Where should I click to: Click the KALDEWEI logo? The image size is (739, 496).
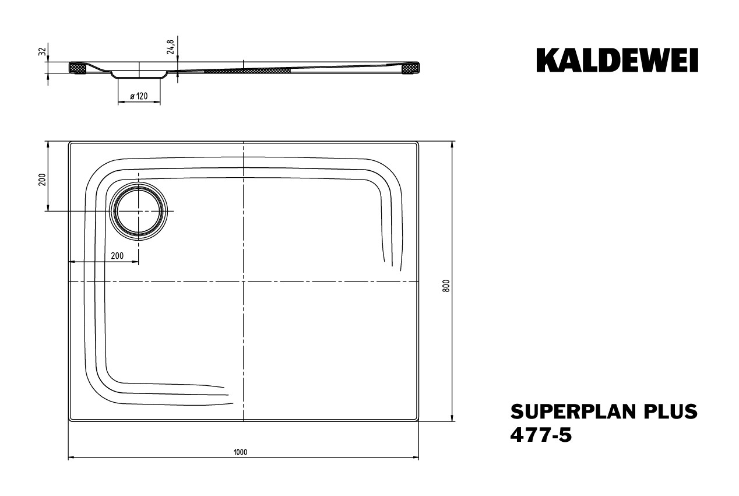[x=617, y=60]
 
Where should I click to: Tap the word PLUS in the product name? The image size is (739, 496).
[x=666, y=411]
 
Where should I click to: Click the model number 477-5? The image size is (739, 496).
[x=541, y=435]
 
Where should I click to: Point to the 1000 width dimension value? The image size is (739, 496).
[x=241, y=452]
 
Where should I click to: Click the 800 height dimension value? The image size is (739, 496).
[x=446, y=286]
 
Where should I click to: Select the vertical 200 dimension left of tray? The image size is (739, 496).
[x=42, y=180]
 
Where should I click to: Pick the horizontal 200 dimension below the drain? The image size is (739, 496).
[x=117, y=255]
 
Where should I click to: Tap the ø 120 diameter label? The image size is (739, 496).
[x=139, y=96]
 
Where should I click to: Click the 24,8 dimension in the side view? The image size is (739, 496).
[x=170, y=47]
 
